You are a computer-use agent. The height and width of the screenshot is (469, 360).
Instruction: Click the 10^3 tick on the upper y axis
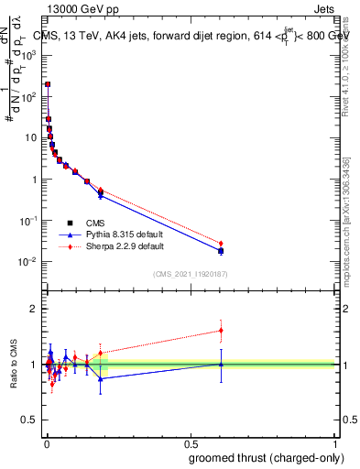29,54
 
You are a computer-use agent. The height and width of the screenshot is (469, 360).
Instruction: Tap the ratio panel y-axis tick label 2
34,309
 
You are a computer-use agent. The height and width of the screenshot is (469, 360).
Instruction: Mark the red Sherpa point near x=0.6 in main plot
221,243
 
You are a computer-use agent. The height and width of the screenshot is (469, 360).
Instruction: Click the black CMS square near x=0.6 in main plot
221,251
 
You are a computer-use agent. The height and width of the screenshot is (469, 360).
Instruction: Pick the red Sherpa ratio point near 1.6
221,331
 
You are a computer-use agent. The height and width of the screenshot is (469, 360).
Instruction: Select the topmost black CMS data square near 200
48,83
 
